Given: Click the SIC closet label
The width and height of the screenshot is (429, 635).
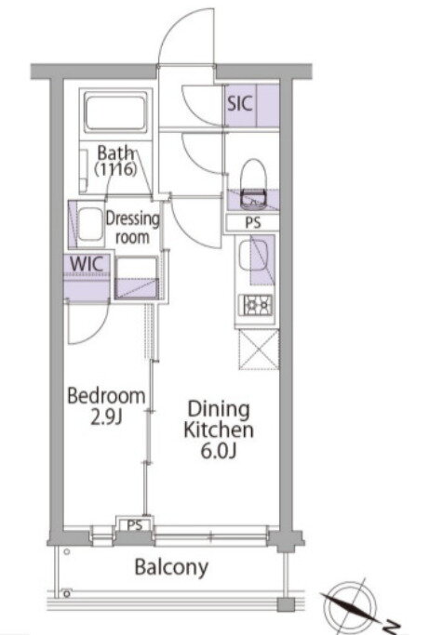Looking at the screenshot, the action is pyautogui.click(x=240, y=103).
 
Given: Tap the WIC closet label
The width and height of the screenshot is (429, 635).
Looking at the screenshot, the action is pyautogui.click(x=86, y=264).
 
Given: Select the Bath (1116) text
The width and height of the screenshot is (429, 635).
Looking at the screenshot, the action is pyautogui.click(x=115, y=161).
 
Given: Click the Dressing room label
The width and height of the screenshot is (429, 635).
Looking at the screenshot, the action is pyautogui.click(x=132, y=228).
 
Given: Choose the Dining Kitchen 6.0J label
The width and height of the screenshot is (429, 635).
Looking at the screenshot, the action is pyautogui.click(x=219, y=430).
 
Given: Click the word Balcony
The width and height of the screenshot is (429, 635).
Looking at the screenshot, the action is pyautogui.click(x=171, y=567).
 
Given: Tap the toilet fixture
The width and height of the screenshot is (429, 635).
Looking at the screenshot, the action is pyautogui.click(x=253, y=184).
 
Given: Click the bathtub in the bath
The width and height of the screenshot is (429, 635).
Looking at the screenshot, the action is pyautogui.click(x=115, y=112).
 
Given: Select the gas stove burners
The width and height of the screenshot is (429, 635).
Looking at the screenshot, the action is pyautogui.click(x=256, y=305).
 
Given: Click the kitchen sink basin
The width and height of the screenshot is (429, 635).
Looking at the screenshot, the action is pyautogui.click(x=252, y=257).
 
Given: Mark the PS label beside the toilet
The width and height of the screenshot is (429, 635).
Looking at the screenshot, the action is pyautogui.click(x=253, y=223).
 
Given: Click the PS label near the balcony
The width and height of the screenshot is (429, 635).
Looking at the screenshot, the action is pyautogui.click(x=135, y=525).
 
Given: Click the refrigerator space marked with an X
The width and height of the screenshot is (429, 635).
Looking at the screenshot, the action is pyautogui.click(x=259, y=350).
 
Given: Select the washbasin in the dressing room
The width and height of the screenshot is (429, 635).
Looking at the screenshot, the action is pyautogui.click(x=90, y=224).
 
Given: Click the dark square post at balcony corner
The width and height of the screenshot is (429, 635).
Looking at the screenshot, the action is pyautogui.click(x=286, y=604).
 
